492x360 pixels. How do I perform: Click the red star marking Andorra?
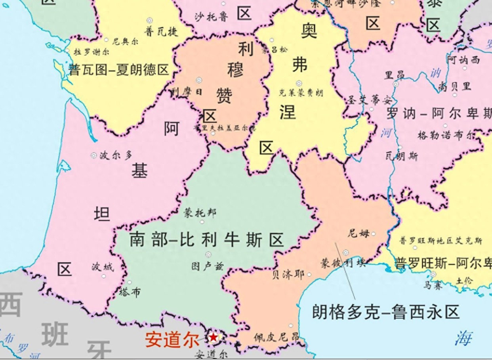214,337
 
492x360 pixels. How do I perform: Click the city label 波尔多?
116,155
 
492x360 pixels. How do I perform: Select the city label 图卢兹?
207,266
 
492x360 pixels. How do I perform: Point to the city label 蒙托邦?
200,213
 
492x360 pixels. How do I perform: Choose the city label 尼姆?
359,233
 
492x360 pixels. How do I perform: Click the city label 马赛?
433,285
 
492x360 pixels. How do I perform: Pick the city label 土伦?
464,280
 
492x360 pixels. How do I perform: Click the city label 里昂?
395,75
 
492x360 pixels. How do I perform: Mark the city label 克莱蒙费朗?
301,93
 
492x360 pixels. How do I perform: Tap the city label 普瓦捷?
161,31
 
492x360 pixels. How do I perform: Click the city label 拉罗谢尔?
90,52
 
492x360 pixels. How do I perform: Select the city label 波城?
103,267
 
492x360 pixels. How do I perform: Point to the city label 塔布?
130,293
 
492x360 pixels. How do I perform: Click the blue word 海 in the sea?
463,338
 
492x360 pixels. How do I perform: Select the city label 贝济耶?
288,274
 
